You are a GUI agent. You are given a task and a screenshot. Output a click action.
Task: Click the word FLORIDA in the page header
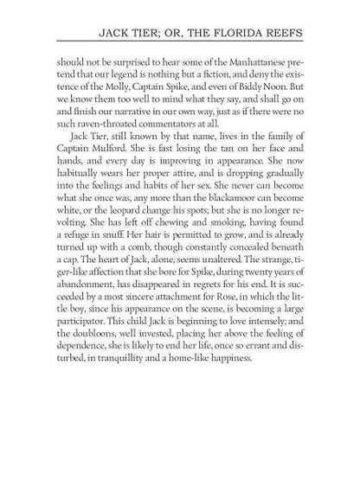(265, 35)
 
